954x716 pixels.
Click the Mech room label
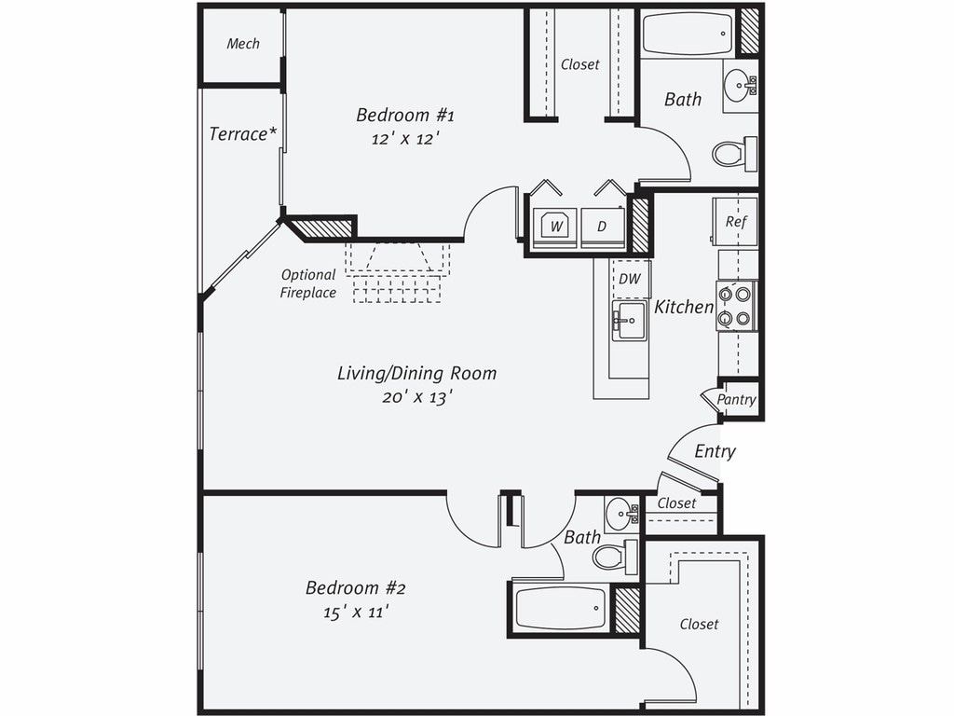tap(243, 44)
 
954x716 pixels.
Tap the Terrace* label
tap(243, 133)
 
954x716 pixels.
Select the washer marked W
tap(554, 227)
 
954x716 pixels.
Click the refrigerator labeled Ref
tap(736, 221)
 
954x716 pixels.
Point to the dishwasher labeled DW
tap(631, 279)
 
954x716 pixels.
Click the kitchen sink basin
tap(629, 321)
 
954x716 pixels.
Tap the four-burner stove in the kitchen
tap(736, 306)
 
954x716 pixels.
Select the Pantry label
tap(736, 399)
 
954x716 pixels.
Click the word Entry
tap(715, 451)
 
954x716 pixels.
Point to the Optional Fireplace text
tap(307, 283)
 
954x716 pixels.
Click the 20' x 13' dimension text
tap(417, 397)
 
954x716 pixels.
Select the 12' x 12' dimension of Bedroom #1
tap(405, 139)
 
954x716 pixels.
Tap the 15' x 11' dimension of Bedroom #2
tap(356, 612)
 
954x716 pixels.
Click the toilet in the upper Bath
tap(734, 154)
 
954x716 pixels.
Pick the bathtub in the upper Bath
tap(688, 34)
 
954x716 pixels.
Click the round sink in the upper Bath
tap(740, 85)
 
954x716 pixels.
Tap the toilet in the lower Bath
tap(615, 557)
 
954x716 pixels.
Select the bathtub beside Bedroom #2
tap(560, 608)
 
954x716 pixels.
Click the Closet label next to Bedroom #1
tap(579, 64)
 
